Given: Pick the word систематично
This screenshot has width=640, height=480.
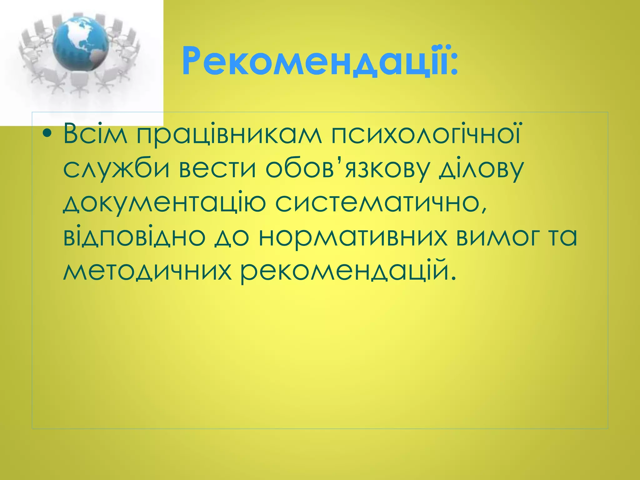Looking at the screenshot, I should (x=381, y=203).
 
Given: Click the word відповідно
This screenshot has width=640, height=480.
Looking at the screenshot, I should (x=134, y=237).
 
